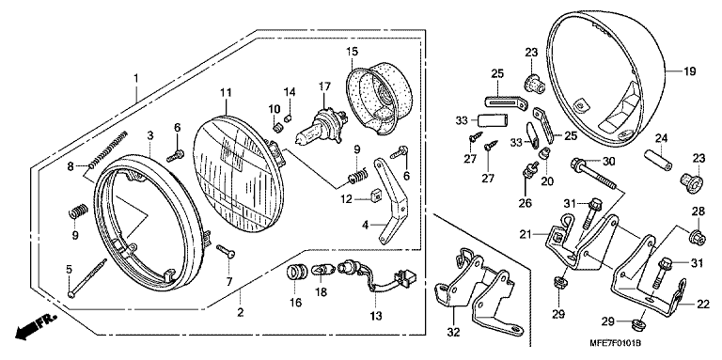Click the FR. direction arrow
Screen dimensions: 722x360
35,326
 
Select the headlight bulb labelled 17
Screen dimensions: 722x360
319,121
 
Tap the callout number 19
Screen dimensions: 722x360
689,71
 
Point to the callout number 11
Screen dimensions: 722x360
226,93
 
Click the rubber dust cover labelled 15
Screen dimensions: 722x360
379,97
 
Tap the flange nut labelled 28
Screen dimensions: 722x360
697,237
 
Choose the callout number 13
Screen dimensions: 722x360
376,316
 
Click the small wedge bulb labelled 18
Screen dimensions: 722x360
322,270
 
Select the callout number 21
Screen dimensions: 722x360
526,235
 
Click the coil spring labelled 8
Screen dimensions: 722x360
108,149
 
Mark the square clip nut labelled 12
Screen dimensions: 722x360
376,195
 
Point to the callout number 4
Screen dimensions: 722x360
365,225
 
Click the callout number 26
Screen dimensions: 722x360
525,202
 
